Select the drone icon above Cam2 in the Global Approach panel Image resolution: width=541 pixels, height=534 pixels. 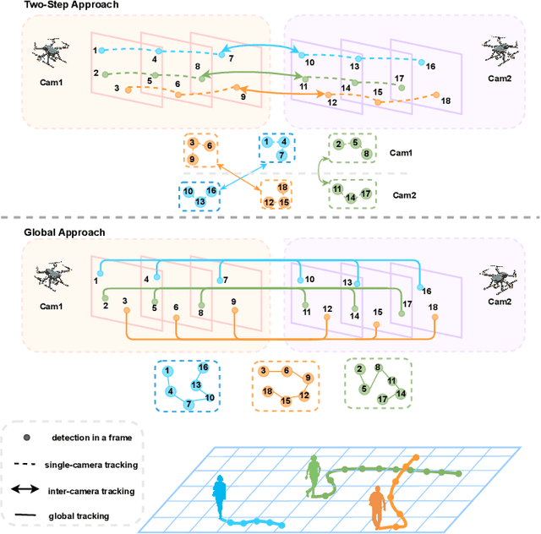496,277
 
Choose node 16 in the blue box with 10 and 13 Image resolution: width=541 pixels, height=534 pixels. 211,191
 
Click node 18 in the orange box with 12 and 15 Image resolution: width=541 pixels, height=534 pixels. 283,188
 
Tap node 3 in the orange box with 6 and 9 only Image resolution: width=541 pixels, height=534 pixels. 193,144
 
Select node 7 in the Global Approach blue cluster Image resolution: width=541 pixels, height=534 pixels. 189,406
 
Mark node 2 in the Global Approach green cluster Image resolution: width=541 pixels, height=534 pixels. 361,369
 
